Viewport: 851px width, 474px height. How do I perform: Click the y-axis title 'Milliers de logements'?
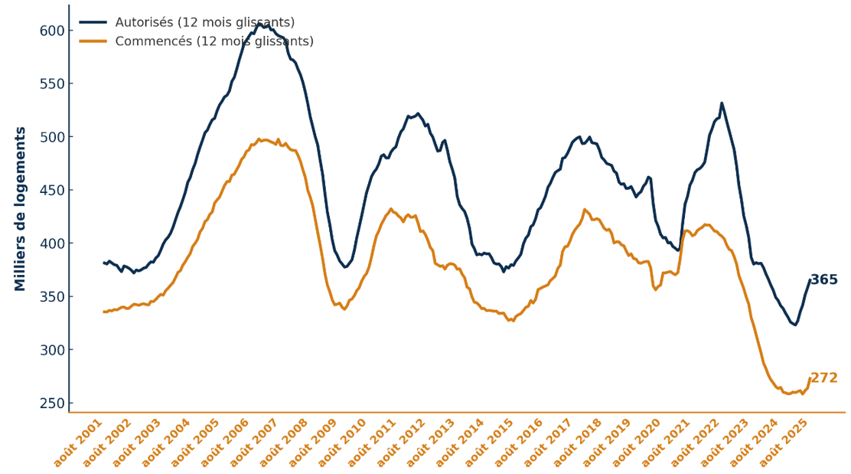(x=21, y=209)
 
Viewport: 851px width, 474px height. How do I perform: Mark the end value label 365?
(x=823, y=280)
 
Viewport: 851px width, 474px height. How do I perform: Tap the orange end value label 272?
(x=823, y=378)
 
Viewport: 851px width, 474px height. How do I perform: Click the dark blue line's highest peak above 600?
(x=259, y=24)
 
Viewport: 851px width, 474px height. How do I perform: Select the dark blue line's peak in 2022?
(x=721, y=103)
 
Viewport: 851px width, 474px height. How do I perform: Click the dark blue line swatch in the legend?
(x=93, y=23)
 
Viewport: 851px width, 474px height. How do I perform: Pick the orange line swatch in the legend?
(x=93, y=41)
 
